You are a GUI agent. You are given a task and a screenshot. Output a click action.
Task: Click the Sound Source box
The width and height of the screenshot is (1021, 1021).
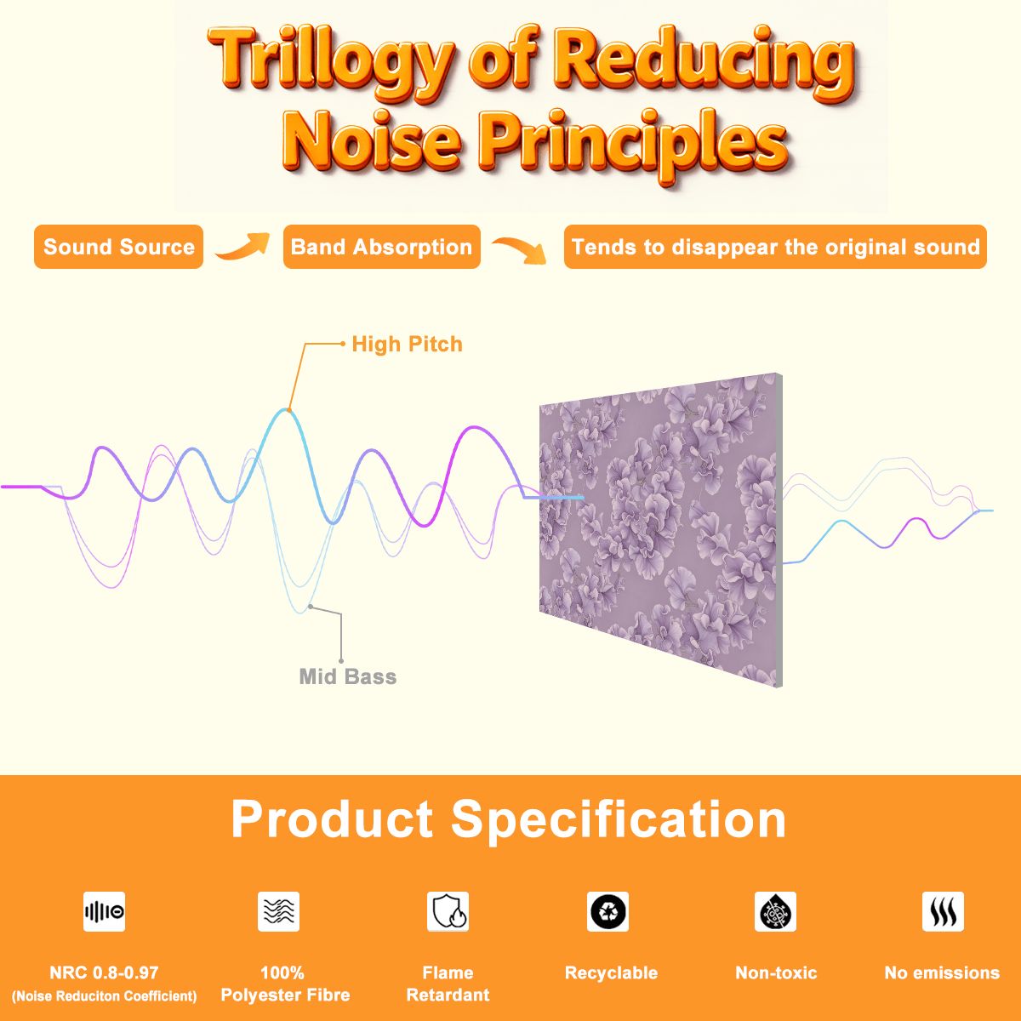click(x=118, y=247)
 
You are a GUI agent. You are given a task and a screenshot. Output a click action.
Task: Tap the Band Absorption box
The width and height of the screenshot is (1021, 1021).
click(x=381, y=247)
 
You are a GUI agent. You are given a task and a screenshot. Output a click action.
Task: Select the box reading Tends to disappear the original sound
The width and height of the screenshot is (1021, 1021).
click(x=775, y=247)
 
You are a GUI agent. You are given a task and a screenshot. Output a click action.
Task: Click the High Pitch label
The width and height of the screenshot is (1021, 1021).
click(x=407, y=344)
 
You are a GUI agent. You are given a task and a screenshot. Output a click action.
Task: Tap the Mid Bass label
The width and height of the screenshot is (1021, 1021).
click(x=348, y=676)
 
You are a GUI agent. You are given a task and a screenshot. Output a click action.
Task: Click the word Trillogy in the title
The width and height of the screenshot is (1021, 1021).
click(x=331, y=61)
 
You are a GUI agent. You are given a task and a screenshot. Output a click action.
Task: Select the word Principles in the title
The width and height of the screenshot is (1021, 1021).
click(x=634, y=143)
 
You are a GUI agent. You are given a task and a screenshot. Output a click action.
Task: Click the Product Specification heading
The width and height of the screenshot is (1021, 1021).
click(x=509, y=819)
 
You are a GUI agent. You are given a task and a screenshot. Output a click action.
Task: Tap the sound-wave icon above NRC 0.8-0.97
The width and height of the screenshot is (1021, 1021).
click(x=105, y=911)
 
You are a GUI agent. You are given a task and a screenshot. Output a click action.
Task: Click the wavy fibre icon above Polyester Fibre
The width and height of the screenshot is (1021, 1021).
click(x=279, y=911)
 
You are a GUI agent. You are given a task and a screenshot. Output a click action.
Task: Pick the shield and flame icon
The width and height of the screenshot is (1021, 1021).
click(x=448, y=911)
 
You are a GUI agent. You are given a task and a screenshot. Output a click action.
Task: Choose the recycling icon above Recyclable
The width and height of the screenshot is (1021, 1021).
click(x=607, y=911)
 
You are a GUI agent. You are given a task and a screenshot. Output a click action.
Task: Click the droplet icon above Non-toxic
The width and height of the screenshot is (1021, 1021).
click(x=775, y=911)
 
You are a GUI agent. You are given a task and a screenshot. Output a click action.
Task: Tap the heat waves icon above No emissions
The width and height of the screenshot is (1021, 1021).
click(x=943, y=911)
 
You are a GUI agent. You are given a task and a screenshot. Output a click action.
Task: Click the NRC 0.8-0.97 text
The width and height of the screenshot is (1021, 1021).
click(x=104, y=973)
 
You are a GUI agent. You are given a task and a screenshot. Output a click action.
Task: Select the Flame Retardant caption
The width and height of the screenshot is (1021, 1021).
click(x=448, y=984)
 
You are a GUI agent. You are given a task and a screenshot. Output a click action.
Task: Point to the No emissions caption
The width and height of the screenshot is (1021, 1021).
click(x=942, y=973)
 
